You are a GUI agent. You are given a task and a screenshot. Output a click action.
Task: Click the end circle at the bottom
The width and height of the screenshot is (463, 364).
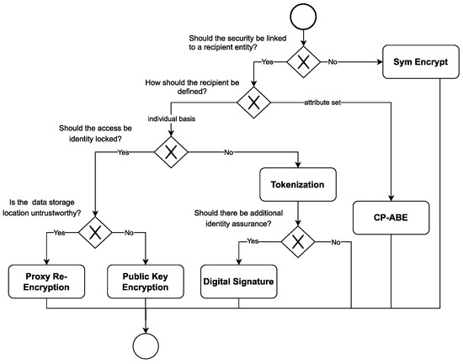point(147,345)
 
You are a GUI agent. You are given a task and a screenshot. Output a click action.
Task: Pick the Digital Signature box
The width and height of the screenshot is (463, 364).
point(238,282)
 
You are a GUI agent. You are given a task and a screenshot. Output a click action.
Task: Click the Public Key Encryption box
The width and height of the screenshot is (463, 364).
point(147,282)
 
